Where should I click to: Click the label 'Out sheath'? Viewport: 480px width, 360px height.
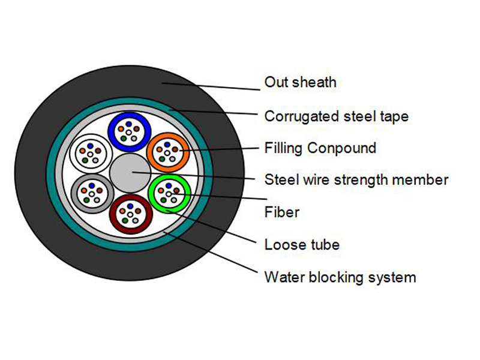point(300,82)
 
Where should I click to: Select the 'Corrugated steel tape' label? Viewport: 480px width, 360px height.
point(336,116)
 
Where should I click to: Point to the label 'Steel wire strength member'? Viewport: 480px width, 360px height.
point(356,179)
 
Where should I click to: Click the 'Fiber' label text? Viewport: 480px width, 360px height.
point(281,212)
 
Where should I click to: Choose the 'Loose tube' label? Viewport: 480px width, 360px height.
point(302,244)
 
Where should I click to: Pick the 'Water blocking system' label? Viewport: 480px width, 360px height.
point(340,277)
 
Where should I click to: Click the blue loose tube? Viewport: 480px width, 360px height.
point(128,131)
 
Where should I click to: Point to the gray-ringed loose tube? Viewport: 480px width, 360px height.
point(90,193)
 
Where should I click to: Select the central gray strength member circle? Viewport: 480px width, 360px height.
point(128,173)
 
